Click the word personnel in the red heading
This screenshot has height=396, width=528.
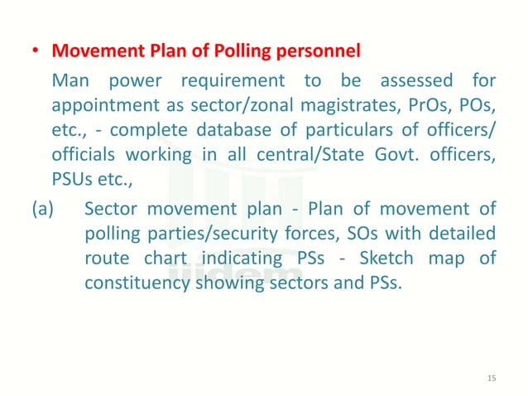(316, 51)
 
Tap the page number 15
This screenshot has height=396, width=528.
(492, 378)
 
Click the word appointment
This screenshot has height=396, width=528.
(102, 106)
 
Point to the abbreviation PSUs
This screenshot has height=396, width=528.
(71, 180)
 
